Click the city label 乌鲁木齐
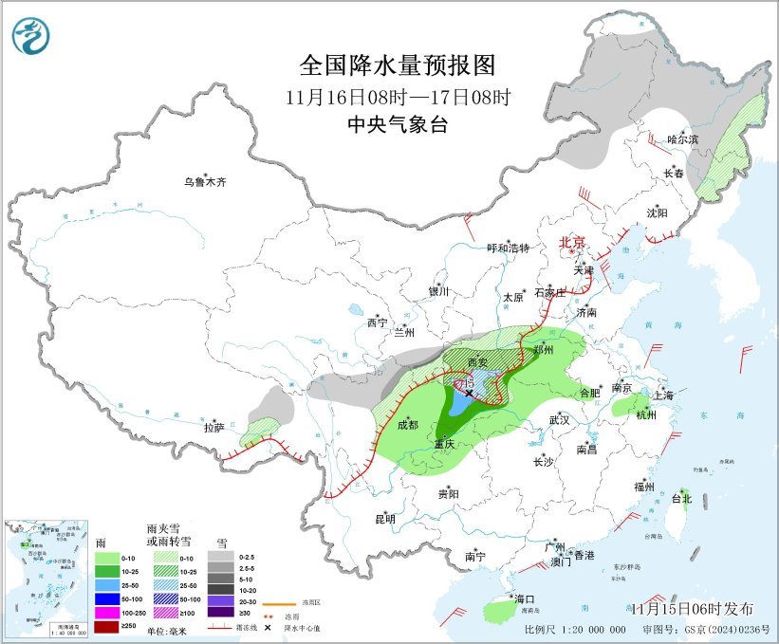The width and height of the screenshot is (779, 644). [x=206, y=181]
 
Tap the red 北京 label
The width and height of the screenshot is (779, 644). [x=573, y=242]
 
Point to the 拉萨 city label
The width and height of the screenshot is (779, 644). [x=214, y=428]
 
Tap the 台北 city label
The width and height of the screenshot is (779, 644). [x=681, y=498]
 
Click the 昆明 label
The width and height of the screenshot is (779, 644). [x=384, y=519]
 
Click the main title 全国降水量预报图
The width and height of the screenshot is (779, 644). [x=398, y=65]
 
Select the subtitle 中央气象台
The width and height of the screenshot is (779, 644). [x=398, y=124]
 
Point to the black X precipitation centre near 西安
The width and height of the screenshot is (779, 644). [x=469, y=393]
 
